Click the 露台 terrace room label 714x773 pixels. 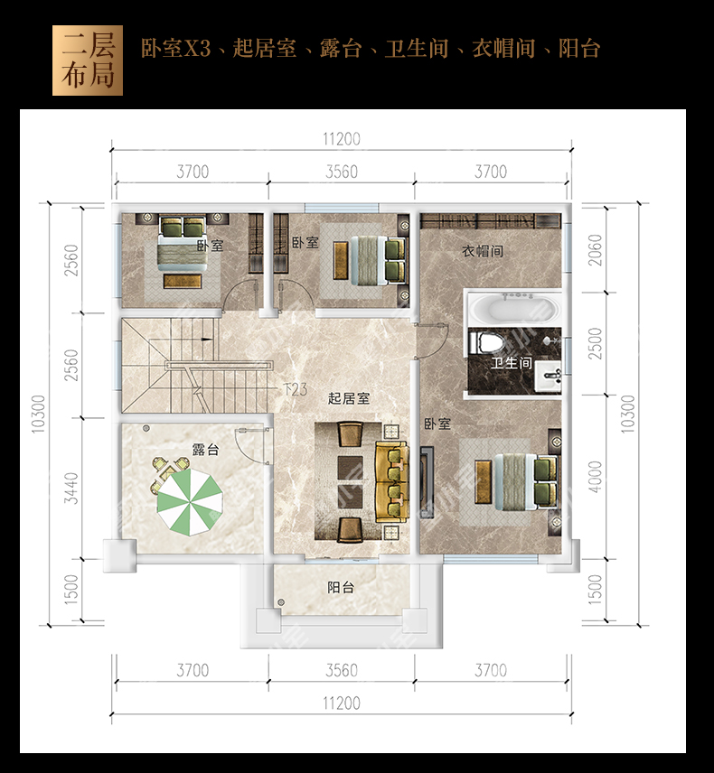(205, 450)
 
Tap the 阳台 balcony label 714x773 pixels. (341, 587)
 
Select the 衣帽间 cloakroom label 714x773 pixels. (483, 251)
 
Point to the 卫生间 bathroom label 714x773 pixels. (512, 363)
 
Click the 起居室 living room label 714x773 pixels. (349, 398)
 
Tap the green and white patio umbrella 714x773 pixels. (190, 502)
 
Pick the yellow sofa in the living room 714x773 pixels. (392, 481)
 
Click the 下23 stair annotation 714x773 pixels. (296, 389)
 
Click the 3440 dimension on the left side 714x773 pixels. (72, 488)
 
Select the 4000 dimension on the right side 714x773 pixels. (596, 477)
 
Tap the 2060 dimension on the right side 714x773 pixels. (596, 250)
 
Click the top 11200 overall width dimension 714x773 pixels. (342, 139)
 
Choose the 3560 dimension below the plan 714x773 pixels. (342, 670)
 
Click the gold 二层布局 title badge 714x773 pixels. (88, 61)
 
